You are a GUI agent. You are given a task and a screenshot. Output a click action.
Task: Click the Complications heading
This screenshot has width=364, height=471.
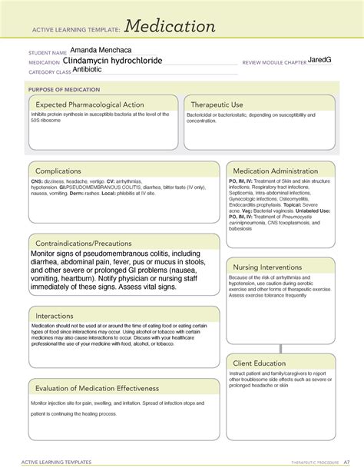[x=63, y=171]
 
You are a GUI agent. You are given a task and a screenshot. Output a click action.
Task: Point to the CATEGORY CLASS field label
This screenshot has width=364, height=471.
[x=49, y=72]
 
